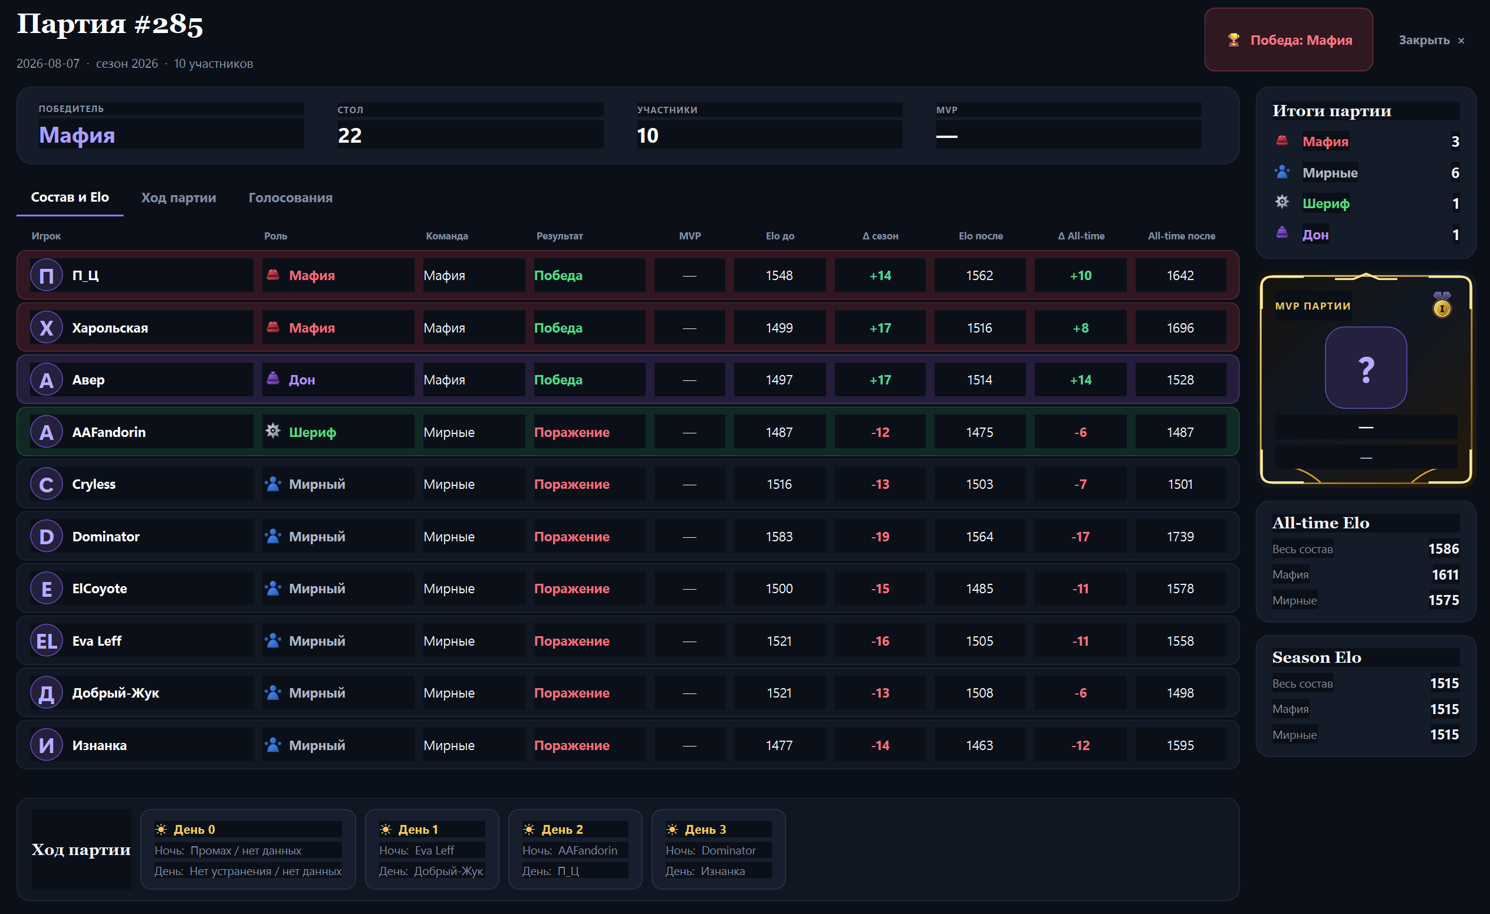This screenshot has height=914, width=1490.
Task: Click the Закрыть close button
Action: (x=1430, y=40)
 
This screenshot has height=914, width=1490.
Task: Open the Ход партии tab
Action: (x=179, y=198)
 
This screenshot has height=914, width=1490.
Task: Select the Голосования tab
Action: (x=290, y=198)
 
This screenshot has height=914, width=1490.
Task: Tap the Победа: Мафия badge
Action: (x=1288, y=40)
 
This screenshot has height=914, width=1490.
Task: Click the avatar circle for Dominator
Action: (x=47, y=536)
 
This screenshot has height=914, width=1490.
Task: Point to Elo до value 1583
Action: (x=779, y=537)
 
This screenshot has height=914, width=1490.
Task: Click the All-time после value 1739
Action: (x=1180, y=537)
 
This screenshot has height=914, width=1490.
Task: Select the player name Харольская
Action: (x=110, y=328)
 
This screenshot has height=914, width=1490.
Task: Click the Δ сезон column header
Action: (x=880, y=236)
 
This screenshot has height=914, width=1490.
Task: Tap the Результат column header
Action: (x=560, y=236)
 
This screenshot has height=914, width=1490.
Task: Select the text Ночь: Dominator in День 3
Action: (x=711, y=850)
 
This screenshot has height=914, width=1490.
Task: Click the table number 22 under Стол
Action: (x=350, y=136)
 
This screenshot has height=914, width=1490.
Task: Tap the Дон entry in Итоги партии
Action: (x=1315, y=235)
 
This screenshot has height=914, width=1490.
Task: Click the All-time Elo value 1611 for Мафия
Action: (x=1445, y=575)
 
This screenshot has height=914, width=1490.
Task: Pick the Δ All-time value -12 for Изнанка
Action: (x=1080, y=745)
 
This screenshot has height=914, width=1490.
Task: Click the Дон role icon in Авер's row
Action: (x=274, y=379)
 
